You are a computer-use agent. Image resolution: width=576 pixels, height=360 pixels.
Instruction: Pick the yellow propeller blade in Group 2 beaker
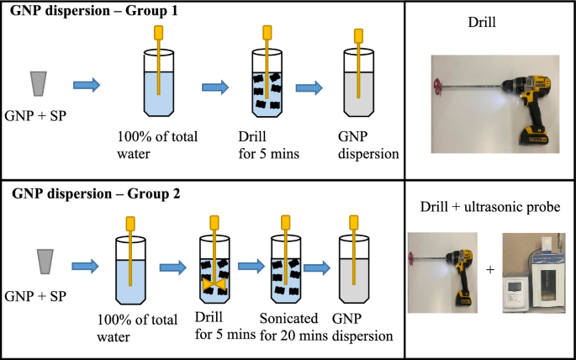click(214, 286)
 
